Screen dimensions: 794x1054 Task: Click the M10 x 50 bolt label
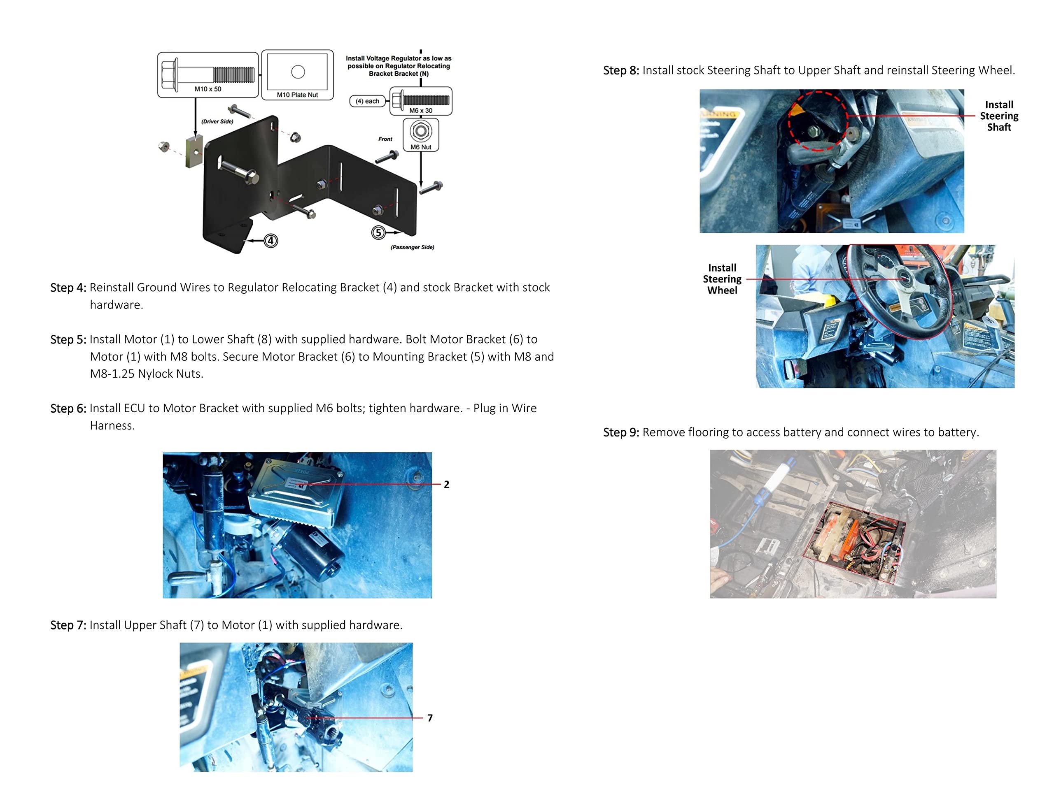208,89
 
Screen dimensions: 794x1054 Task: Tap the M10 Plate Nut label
297,95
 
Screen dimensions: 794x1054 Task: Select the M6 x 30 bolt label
421,110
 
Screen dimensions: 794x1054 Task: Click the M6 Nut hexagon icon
421,131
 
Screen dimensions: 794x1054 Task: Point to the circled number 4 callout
270,241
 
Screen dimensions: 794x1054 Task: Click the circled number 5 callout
378,233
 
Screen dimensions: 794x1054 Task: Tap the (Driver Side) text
217,121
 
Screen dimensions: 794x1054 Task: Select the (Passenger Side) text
412,247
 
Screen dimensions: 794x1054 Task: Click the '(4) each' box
367,101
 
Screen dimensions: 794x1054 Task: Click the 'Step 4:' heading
68,288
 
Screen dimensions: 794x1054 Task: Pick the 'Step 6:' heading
68,409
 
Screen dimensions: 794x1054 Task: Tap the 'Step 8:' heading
621,70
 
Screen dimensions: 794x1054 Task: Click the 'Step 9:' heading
621,432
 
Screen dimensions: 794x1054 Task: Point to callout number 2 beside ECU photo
446,485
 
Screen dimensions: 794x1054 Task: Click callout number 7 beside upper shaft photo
430,718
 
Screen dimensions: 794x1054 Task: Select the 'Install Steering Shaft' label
999,116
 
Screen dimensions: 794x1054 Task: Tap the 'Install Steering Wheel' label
722,279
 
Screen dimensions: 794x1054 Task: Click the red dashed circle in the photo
818,121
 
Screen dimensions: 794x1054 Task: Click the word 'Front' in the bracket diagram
385,139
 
